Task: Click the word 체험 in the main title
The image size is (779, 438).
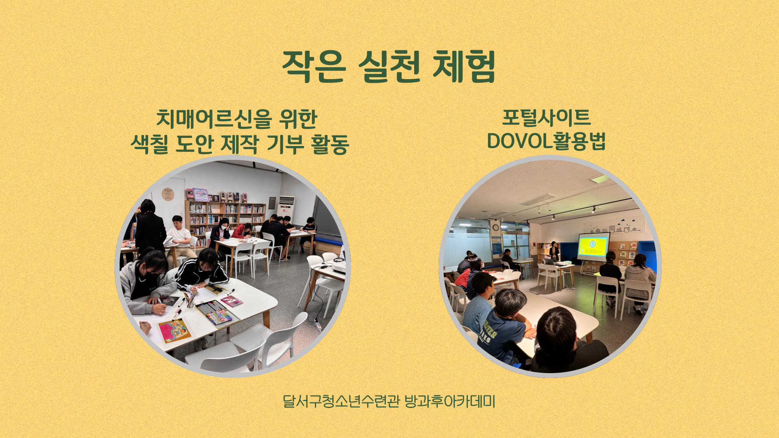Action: [x=464, y=66]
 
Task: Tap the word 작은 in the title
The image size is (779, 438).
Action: [x=314, y=66]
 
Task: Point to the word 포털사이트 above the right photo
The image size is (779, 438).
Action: [x=546, y=118]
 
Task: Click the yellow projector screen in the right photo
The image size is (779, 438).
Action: [x=593, y=247]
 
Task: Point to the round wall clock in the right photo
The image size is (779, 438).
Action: [x=496, y=228]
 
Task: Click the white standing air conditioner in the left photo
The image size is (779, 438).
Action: [x=286, y=208]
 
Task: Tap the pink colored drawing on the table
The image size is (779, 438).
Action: [x=175, y=330]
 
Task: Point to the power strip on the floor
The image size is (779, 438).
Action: [x=318, y=324]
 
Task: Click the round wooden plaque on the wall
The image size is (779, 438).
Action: [x=168, y=194]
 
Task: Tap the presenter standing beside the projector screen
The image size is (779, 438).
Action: [x=554, y=251]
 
